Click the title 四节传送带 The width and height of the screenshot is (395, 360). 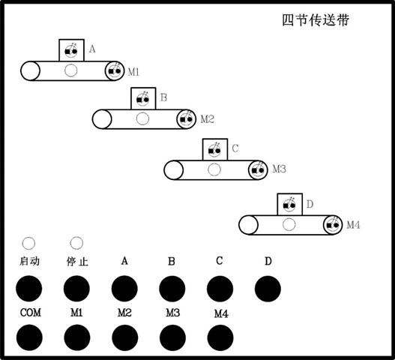point(316,20)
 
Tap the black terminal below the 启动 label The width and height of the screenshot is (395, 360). point(29,289)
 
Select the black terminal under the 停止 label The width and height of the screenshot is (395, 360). point(76,289)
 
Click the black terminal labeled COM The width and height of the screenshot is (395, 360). point(29,337)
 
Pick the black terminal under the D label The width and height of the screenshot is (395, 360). point(268,289)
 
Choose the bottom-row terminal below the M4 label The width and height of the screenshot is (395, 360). point(220,337)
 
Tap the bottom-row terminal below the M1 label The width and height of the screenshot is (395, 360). point(77,337)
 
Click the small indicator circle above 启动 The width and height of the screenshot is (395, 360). point(28,243)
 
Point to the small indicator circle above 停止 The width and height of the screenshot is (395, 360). point(76,243)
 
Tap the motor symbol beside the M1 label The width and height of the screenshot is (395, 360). point(115,71)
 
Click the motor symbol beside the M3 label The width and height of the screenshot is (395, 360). point(258,170)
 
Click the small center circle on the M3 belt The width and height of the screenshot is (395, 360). point(214,169)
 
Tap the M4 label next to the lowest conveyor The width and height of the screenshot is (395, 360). point(353,225)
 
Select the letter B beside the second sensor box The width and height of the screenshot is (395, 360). point(163,97)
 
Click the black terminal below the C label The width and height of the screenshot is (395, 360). point(220,289)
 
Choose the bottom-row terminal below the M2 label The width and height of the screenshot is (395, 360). point(125,337)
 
